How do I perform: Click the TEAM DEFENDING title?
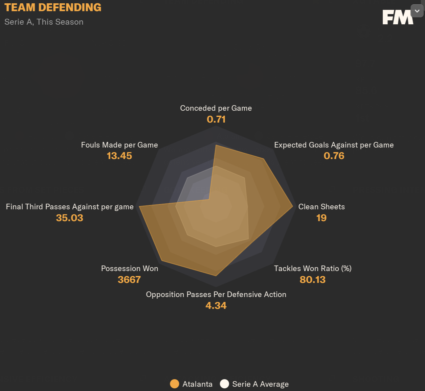(53, 8)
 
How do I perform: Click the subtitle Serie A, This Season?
(44, 22)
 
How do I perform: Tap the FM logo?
(397, 17)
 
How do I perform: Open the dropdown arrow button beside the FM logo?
(417, 11)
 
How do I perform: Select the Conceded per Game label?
(216, 108)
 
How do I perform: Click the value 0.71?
(216, 119)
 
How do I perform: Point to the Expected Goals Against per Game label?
(334, 145)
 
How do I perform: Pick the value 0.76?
(334, 156)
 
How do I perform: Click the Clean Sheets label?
(321, 207)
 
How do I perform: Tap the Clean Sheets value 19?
(321, 218)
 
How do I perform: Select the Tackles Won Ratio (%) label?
(313, 268)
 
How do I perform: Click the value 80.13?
(312, 280)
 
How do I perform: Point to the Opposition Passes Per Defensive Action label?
(216, 294)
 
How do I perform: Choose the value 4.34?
(216, 306)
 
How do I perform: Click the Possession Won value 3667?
(129, 280)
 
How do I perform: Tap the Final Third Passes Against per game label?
(70, 207)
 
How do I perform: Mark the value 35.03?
(70, 218)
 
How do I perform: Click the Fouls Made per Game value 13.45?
(119, 156)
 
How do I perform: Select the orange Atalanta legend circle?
(174, 384)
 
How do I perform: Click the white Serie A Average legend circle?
(224, 384)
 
